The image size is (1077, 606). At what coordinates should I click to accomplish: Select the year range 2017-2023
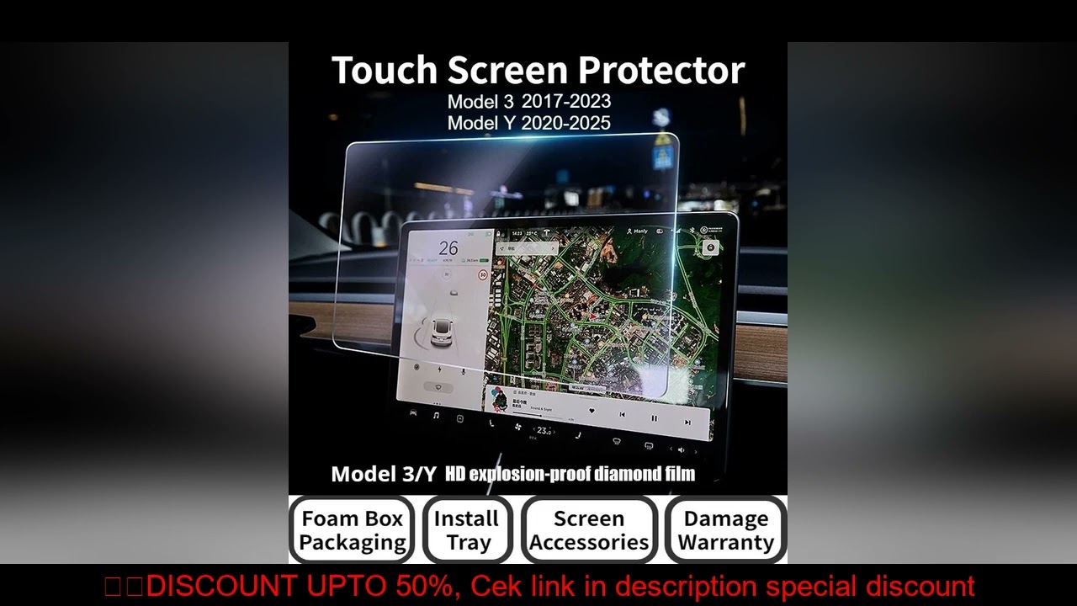565,101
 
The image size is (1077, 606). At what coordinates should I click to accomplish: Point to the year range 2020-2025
565,123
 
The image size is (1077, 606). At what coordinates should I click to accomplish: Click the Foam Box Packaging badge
353,530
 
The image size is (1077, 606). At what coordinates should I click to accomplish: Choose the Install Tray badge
467,530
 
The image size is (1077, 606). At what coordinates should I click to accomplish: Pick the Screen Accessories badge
589,530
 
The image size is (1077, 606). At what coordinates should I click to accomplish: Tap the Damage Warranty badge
725,530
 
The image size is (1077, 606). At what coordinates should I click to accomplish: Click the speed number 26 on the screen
448,248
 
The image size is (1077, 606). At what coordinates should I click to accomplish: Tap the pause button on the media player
654,417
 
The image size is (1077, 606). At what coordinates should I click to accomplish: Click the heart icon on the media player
592,412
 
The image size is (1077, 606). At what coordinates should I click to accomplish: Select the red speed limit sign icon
483,274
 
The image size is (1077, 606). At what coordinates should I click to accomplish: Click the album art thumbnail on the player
499,396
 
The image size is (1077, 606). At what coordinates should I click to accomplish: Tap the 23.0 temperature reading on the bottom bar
544,431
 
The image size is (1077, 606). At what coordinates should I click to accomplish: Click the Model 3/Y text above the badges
384,474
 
